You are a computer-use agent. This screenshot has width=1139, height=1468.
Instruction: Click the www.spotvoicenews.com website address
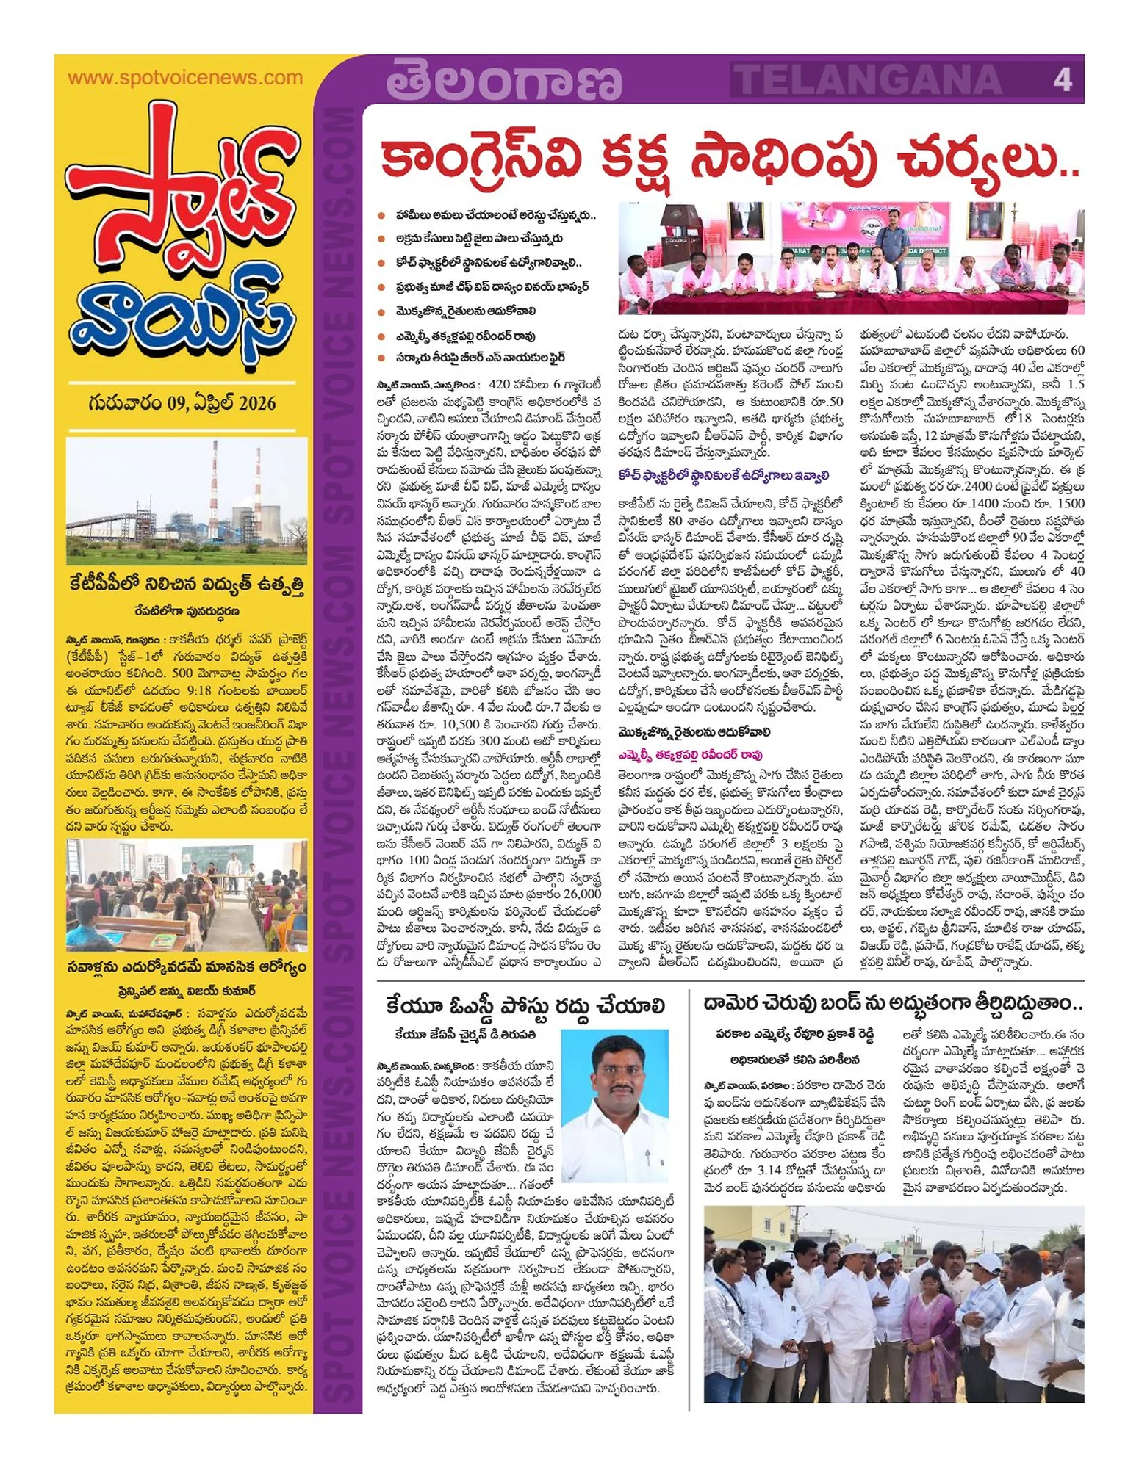184,78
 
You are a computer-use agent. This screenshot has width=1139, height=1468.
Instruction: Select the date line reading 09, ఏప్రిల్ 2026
182,402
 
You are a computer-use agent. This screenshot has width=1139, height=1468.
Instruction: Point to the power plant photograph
187,500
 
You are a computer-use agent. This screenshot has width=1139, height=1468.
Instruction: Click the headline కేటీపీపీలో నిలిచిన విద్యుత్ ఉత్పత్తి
187,585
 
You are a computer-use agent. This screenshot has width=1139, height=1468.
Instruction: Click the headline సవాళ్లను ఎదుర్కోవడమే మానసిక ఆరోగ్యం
187,966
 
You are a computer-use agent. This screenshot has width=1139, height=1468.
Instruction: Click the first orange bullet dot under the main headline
381,216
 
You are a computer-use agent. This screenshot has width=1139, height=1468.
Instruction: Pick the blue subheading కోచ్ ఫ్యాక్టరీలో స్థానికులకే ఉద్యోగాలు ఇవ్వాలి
723,474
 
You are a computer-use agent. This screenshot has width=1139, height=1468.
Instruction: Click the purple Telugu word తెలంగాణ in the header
504,81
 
